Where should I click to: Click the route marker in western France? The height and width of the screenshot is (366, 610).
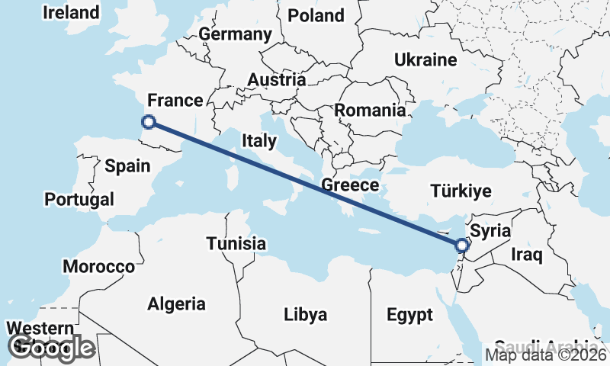[149, 121]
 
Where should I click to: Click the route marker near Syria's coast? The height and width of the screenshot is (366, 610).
[461, 246]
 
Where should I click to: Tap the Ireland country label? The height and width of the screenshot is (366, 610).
[72, 13]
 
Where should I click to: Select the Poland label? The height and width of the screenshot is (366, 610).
[316, 15]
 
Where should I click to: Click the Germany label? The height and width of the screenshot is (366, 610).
[235, 34]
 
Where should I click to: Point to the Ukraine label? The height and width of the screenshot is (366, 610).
[425, 59]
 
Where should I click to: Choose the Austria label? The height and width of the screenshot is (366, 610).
[277, 80]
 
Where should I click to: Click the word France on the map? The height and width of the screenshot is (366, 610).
[175, 101]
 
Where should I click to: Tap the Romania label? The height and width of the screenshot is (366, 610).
[370, 110]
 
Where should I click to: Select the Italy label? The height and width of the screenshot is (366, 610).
[259, 140]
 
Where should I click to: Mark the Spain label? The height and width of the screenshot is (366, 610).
[127, 165]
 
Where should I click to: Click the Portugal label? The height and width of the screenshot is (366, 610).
[79, 200]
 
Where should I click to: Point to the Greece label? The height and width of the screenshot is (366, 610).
[350, 185]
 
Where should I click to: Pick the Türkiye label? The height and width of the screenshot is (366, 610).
[461, 191]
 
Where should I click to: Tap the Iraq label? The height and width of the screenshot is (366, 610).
[527, 253]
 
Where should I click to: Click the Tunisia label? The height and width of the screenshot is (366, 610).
[236, 244]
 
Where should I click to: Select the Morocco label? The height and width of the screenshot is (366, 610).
[98, 267]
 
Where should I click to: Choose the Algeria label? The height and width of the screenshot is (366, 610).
[176, 303]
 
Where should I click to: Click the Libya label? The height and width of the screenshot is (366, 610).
[305, 314]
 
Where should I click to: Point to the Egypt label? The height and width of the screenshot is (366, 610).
[409, 314]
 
